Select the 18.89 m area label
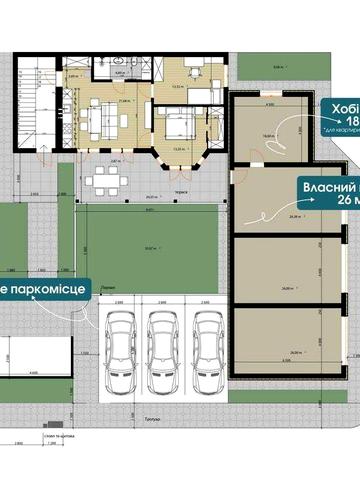click(268, 137)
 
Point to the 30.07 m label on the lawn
click(150, 249)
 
